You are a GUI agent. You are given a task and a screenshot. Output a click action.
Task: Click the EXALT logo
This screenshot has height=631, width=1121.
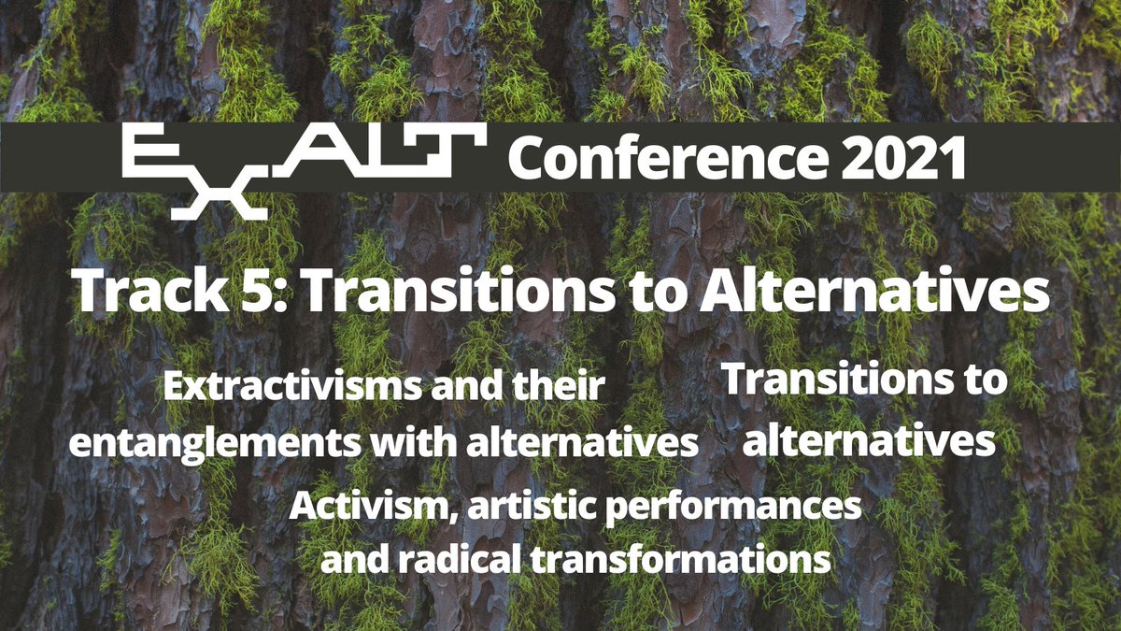click(304, 168)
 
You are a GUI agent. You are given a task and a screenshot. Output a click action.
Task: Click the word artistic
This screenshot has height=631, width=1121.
click(519, 508)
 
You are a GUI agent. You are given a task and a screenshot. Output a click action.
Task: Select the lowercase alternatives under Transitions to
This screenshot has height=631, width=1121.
click(868, 439)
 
